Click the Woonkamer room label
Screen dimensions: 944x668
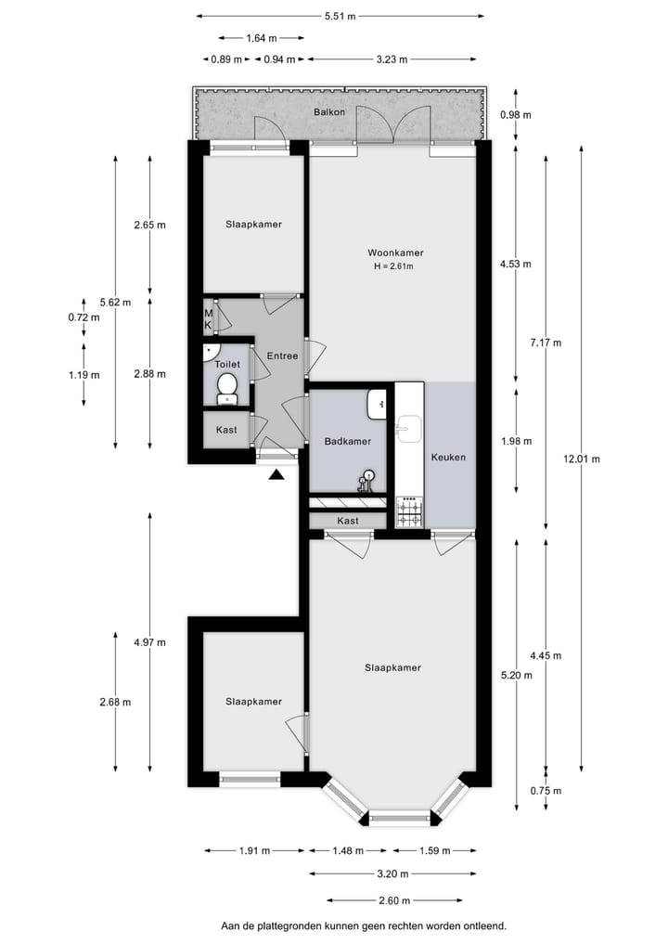395,252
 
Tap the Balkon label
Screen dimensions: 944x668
329,112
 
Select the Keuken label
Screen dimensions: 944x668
448,458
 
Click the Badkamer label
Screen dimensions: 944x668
348,443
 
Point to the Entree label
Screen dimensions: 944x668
282,356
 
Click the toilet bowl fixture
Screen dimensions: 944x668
227,389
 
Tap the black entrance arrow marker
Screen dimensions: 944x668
276,476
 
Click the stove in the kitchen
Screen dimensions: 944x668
408,511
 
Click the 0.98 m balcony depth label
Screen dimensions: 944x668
515,115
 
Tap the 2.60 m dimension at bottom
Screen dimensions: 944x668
395,900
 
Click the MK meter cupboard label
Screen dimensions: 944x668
209,319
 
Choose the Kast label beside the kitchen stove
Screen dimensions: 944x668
348,521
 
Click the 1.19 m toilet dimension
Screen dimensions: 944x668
84,375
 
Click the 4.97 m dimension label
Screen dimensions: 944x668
149,642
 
